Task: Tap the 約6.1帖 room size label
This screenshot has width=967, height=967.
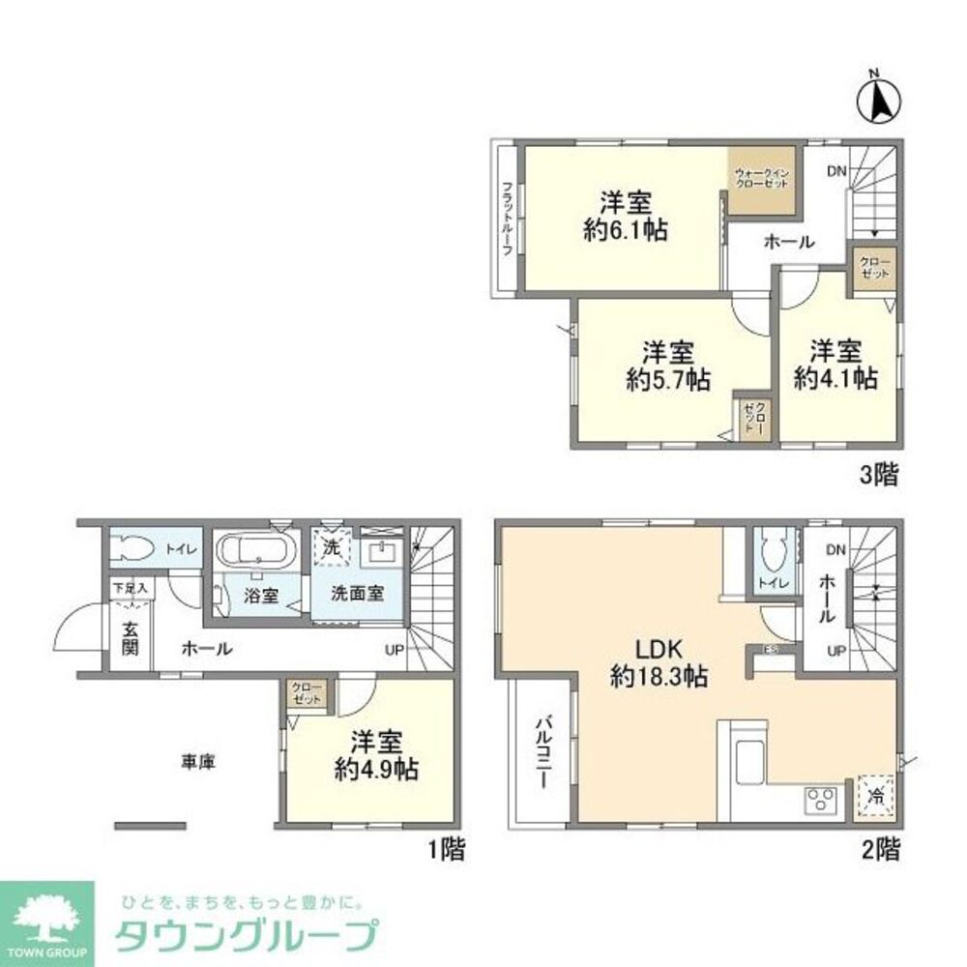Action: click(624, 231)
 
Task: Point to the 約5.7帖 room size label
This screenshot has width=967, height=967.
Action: click(667, 380)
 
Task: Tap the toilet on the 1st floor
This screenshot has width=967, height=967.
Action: click(132, 549)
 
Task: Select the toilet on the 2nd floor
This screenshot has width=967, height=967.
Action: click(772, 553)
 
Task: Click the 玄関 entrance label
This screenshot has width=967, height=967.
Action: click(130, 637)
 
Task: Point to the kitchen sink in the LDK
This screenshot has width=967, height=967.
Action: click(748, 762)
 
